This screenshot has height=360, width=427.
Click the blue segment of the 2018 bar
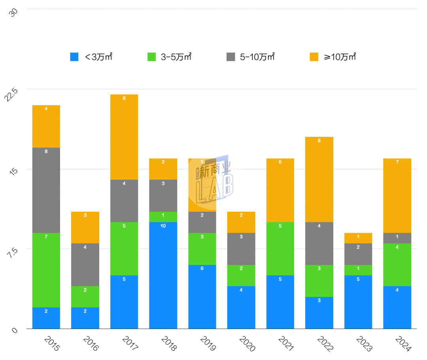click(x=163, y=277)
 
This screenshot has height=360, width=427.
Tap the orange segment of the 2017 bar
click(x=124, y=137)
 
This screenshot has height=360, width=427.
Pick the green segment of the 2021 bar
click(x=280, y=249)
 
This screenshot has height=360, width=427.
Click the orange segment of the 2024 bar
click(x=397, y=196)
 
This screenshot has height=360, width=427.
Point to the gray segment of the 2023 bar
click(x=358, y=254)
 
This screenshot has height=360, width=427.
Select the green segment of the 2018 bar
click(x=163, y=217)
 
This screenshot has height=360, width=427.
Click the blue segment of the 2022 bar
click(x=319, y=313)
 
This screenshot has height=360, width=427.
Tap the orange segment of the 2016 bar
click(x=85, y=227)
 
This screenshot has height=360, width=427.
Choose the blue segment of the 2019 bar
click(x=202, y=297)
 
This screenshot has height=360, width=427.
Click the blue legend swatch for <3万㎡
click(x=74, y=57)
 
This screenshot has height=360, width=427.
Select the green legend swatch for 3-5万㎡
click(x=152, y=57)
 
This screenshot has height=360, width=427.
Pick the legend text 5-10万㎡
click(x=257, y=57)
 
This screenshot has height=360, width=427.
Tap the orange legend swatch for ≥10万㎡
click(x=314, y=57)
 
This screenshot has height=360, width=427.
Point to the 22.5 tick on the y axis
click(x=14, y=95)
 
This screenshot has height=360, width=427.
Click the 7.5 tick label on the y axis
click(x=14, y=254)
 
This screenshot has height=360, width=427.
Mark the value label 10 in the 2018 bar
click(x=163, y=226)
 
